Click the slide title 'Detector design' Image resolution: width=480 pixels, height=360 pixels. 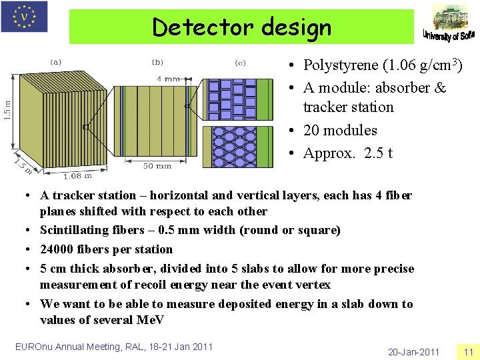[241, 27]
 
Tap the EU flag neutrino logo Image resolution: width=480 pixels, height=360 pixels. [25, 16]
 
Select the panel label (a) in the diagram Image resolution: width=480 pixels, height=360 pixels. [56, 62]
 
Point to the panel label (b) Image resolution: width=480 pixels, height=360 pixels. [157, 62]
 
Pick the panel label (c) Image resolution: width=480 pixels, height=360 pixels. [240, 63]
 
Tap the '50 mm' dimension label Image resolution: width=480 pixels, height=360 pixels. [157, 165]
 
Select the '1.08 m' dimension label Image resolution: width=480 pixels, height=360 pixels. [77, 175]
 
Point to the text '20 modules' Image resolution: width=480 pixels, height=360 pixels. [340, 130]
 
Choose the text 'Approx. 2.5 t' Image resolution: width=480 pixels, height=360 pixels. [347, 153]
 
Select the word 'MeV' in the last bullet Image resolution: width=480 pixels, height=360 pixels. [151, 320]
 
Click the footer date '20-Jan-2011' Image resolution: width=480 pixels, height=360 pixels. [414, 351]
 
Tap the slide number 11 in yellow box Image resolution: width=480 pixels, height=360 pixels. [467, 351]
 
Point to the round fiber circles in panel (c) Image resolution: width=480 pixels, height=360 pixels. [233, 147]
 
